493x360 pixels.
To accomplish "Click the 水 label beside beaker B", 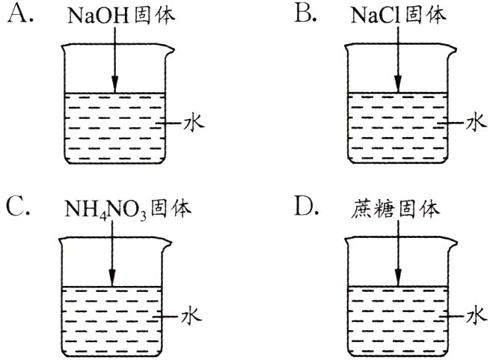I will click(477, 121).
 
